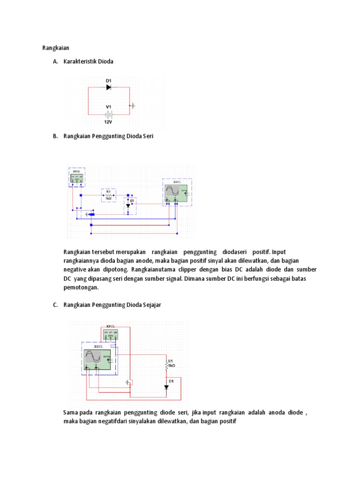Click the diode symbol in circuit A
tap(108, 87)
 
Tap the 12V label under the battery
tap(108, 122)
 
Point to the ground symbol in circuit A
tap(133, 105)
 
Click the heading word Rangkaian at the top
tap(56, 48)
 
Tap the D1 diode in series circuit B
tap(128, 206)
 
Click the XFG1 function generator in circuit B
tap(77, 179)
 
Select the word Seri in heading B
tap(148, 136)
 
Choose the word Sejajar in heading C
tap(150, 305)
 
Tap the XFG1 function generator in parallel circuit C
tap(111, 334)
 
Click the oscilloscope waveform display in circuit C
tap(93, 358)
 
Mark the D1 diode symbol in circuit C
tap(166, 387)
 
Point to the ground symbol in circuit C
tap(127, 382)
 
